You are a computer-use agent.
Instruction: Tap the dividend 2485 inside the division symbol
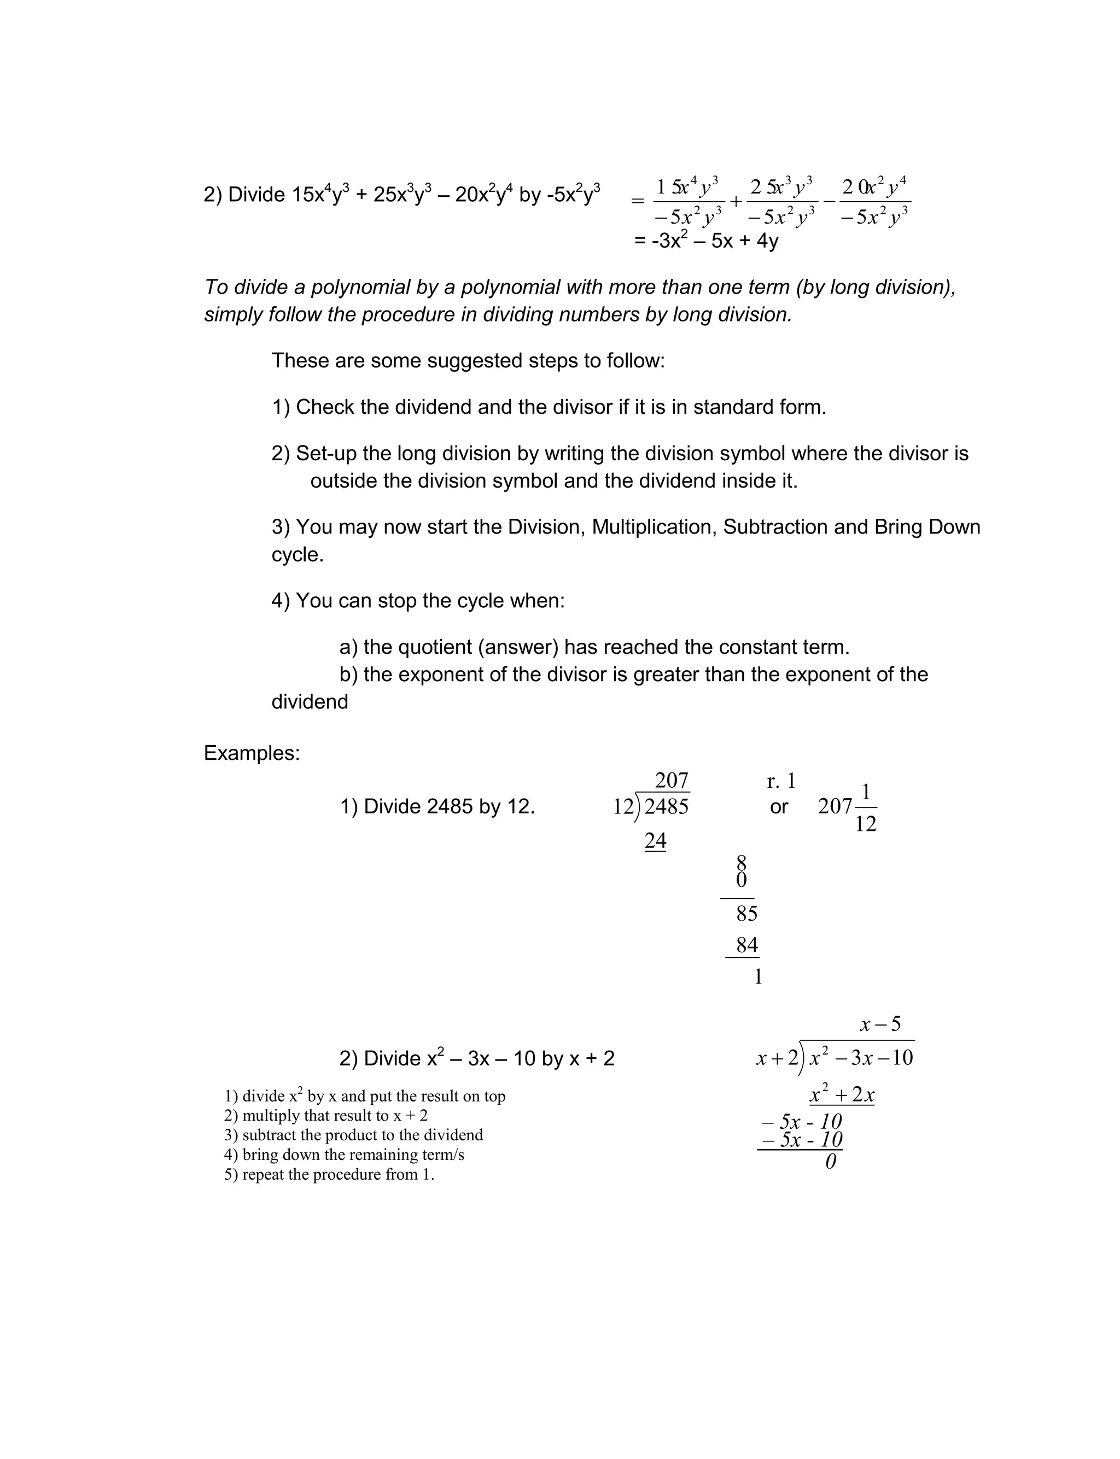click(666, 807)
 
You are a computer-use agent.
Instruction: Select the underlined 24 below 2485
click(655, 841)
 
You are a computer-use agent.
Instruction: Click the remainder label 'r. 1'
click(781, 780)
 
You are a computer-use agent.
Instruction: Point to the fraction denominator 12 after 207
click(865, 824)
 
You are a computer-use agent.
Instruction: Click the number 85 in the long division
click(746, 913)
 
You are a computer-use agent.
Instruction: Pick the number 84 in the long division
click(746, 945)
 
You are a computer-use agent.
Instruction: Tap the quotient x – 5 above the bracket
click(880, 1024)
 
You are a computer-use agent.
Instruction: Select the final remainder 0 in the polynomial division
click(831, 1162)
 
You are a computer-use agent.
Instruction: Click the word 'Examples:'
click(252, 753)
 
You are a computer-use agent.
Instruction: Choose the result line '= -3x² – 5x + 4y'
click(706, 241)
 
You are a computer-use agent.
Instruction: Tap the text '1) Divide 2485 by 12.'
click(437, 807)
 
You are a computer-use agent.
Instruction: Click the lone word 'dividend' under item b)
click(310, 701)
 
